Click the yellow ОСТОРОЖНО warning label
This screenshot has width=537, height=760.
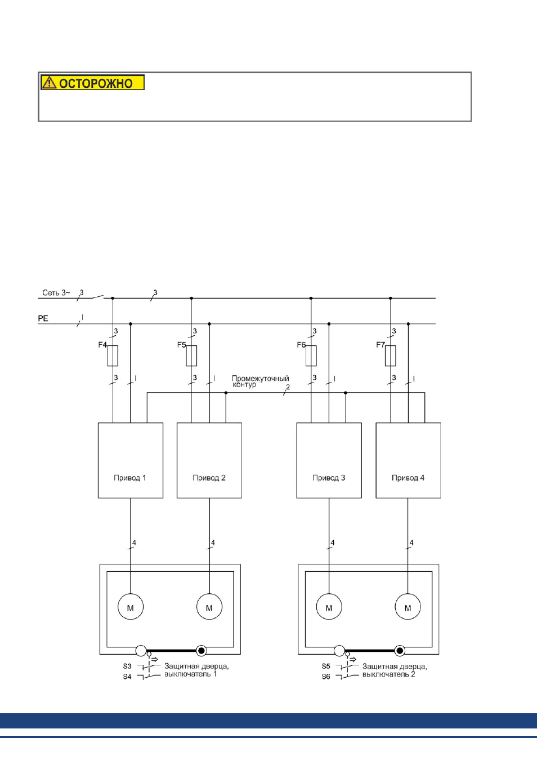point(92,82)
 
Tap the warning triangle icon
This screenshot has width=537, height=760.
point(49,82)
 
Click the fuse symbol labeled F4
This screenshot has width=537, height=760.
point(113,356)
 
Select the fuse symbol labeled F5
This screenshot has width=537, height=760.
point(191,356)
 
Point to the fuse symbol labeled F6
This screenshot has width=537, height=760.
point(311,356)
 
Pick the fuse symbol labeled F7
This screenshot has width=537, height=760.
point(390,356)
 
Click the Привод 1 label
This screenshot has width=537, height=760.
point(130,478)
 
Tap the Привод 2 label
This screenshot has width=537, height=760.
point(209,478)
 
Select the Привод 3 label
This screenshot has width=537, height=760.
point(329,478)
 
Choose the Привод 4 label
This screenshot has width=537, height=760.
point(408,478)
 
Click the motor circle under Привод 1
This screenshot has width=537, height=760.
point(131,607)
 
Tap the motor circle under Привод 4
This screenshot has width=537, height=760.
point(408,607)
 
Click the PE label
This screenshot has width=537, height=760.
point(43,318)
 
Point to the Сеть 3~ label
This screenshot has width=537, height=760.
point(56,292)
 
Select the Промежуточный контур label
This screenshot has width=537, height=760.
point(260,381)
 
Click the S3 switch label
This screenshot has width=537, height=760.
point(127,666)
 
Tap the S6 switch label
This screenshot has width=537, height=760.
point(325,677)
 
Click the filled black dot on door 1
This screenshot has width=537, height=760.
point(202,650)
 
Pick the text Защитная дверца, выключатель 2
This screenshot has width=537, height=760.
point(395,670)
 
